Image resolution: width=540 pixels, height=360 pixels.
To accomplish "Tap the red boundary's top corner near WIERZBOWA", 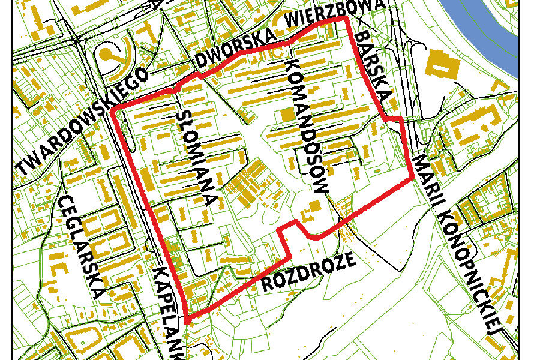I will [x=346, y=19].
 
